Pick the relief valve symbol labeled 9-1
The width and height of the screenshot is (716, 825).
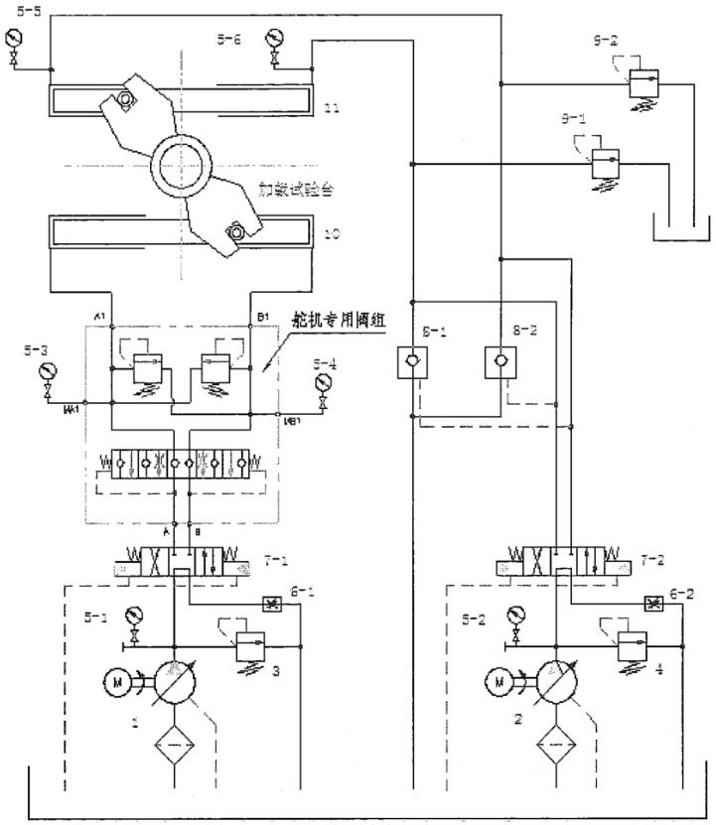(605, 160)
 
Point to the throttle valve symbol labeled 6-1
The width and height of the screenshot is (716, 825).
(269, 603)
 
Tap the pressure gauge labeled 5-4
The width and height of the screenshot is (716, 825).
(320, 383)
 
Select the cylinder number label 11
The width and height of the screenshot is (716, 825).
(333, 108)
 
